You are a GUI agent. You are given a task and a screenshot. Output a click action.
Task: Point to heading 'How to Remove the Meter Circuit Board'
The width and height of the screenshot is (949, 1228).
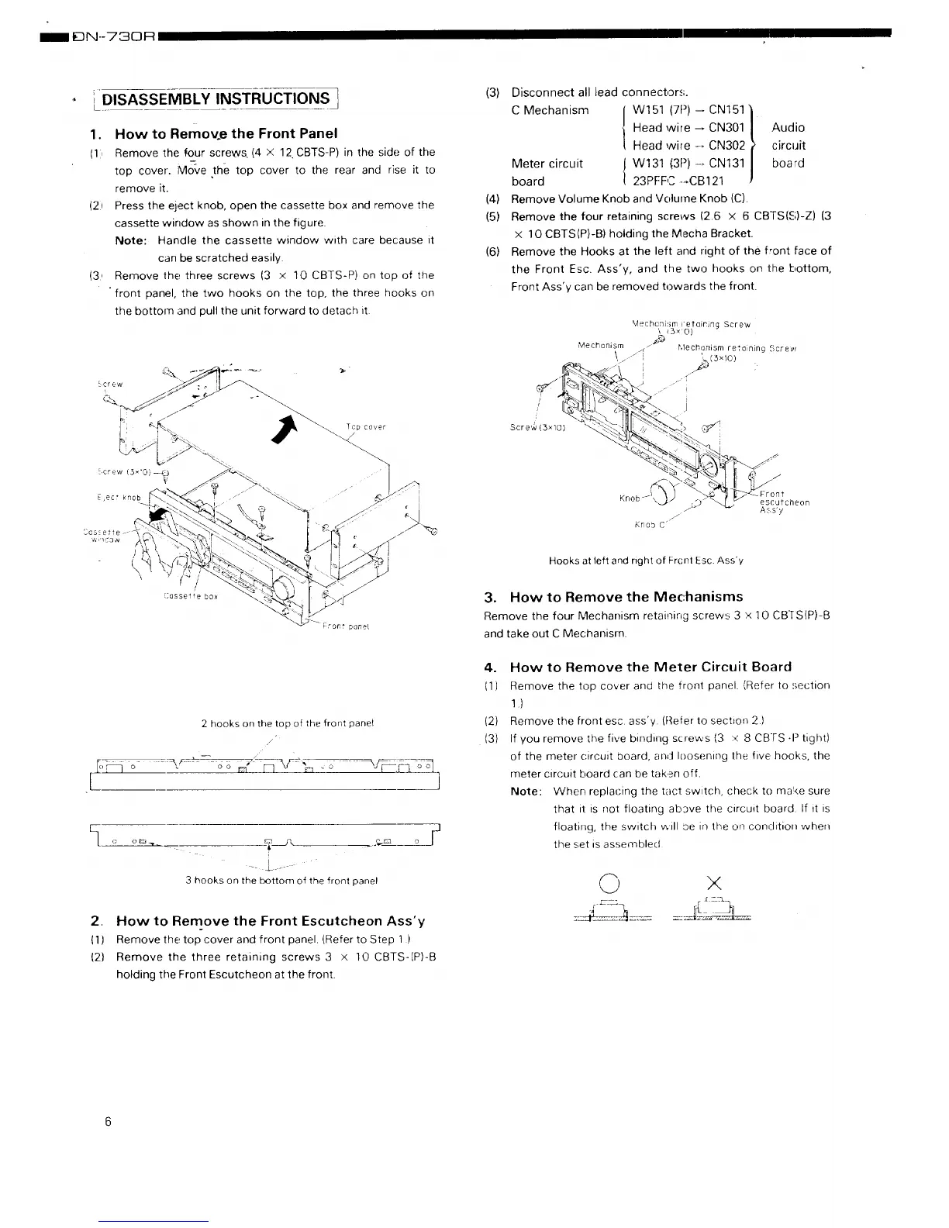pos(650,667)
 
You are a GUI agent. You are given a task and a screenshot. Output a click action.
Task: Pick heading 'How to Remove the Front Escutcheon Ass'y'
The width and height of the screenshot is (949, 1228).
pos(271,921)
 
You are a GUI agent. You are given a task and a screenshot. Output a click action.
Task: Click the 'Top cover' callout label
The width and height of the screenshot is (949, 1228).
pos(365,427)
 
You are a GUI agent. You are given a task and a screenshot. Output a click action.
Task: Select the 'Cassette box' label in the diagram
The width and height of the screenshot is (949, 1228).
pos(191,596)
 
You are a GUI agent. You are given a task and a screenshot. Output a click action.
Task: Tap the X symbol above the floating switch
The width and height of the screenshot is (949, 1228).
pos(713,882)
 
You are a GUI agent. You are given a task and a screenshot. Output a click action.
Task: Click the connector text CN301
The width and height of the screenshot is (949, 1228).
pos(726,128)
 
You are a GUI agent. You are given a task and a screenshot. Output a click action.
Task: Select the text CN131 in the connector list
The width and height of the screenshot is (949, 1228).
pos(726,164)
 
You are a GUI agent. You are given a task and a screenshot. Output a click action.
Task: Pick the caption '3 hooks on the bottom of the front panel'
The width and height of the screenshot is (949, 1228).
pos(281,880)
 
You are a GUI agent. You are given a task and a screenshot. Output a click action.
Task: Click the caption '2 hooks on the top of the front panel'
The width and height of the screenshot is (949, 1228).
pos(287,723)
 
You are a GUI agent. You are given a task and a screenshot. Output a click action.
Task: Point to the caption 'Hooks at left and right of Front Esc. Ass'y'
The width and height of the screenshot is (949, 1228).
pos(646,561)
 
